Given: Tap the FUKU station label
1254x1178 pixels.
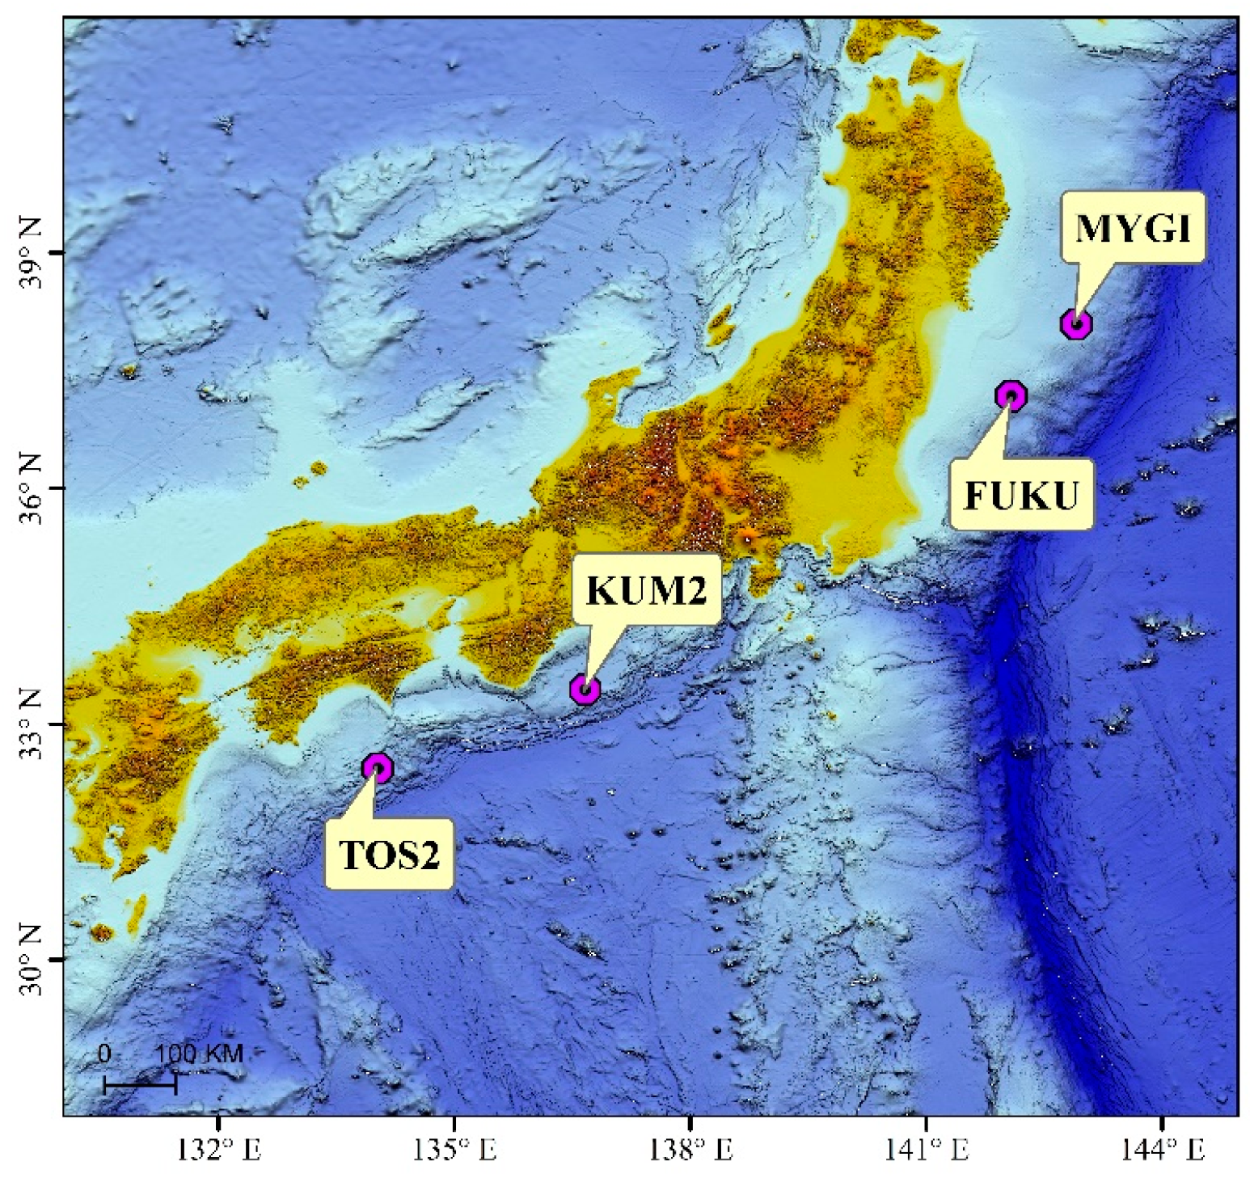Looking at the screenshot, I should (x=1021, y=495).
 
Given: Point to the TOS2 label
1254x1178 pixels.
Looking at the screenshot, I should (x=389, y=855).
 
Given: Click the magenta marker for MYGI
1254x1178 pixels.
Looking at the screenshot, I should (x=1076, y=323).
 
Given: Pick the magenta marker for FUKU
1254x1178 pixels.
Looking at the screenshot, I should (x=1011, y=395).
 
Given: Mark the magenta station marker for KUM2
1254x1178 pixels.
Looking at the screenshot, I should (x=585, y=690).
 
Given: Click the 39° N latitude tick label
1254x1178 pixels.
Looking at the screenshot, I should (x=30, y=252).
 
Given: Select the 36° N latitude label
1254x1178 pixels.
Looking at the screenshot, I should (x=30, y=488).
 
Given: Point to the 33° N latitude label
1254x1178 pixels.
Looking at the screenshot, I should (x=30, y=724).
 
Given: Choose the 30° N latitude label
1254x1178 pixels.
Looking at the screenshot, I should (x=30, y=960).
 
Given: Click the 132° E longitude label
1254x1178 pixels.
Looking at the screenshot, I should (x=219, y=1150).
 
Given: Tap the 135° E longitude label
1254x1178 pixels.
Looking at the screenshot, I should (x=454, y=1150).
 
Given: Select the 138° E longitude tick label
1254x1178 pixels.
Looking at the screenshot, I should (x=690, y=1150).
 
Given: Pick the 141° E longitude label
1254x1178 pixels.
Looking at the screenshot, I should (x=926, y=1150).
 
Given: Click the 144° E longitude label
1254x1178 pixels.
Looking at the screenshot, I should (x=1162, y=1150).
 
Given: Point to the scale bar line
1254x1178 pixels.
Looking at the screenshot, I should (x=140, y=1085).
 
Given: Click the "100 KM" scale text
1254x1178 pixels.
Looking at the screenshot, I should (x=199, y=1053).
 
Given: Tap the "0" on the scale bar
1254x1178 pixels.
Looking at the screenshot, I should (x=104, y=1053).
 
